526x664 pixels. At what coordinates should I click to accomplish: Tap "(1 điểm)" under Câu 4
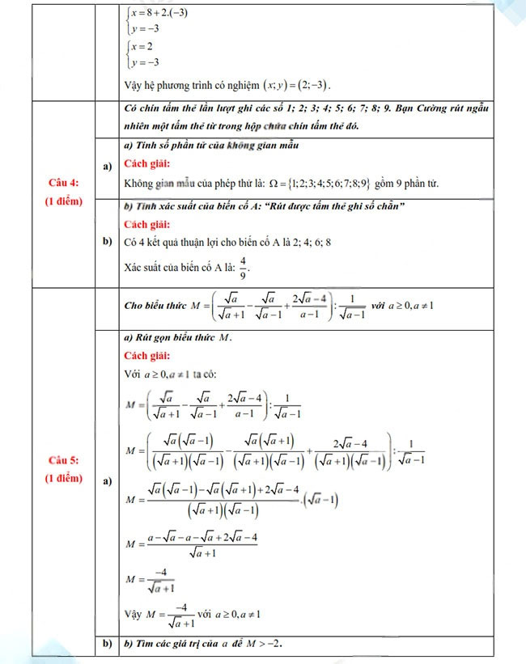click(63, 201)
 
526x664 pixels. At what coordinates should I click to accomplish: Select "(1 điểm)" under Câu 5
click(63, 478)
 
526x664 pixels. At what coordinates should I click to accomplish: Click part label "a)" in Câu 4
click(107, 166)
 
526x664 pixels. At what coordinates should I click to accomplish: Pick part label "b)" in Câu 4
click(107, 242)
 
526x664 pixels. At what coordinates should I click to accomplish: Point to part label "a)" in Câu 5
click(107, 481)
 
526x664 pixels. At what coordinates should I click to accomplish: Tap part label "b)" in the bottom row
click(107, 644)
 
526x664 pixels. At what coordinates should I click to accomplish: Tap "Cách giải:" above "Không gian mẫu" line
click(147, 164)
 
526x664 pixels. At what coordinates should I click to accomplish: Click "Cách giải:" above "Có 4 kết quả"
click(147, 224)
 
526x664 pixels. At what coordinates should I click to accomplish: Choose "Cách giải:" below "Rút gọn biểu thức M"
click(147, 356)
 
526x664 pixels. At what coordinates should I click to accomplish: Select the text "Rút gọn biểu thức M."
click(178, 337)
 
